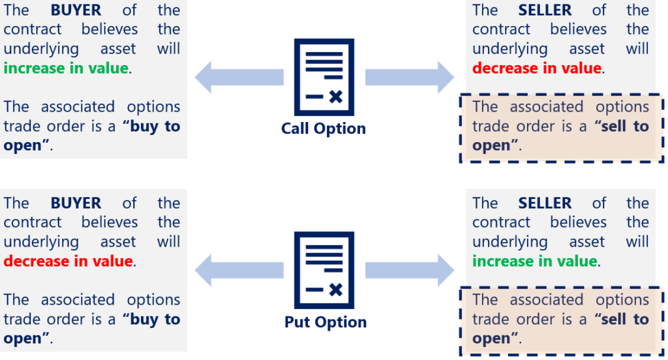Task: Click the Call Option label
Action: point(324,128)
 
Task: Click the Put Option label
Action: point(326,322)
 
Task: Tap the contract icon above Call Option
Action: point(324,77)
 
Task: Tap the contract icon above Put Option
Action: point(324,271)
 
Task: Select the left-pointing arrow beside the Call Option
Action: point(239,77)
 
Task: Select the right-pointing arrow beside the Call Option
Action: point(410,77)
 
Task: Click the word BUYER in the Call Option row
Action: point(76,10)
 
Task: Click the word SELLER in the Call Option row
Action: point(545,10)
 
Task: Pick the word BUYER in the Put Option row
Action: point(76,203)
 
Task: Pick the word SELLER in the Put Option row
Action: point(545,203)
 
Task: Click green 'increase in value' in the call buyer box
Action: point(66,68)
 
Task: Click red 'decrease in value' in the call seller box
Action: point(536,68)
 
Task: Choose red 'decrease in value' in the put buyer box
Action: point(68,262)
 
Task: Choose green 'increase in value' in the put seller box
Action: point(534,262)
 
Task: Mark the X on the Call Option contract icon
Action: point(335,97)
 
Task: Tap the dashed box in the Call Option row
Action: point(561,127)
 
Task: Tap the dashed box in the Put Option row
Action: point(561,320)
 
